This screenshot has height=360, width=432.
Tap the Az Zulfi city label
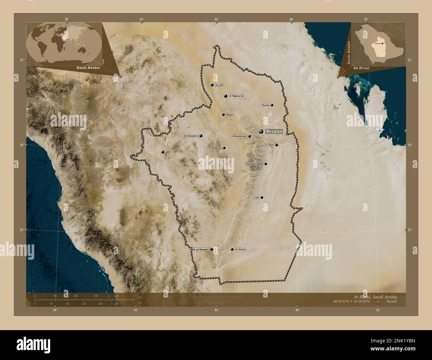(219, 85)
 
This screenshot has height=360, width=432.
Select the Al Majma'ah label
(236, 96)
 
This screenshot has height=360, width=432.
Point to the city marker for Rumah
(272, 105)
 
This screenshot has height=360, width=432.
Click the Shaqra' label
(230, 115)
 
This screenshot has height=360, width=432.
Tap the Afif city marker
(163, 152)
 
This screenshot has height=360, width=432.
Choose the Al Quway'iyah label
(214, 148)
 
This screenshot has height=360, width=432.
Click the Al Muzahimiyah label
(239, 136)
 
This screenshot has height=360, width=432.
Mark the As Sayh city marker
(276, 145)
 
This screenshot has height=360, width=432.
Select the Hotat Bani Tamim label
(255, 164)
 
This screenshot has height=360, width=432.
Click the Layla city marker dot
(262, 198)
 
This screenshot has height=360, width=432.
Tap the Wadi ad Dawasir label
(199, 249)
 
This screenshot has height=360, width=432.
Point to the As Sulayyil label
(240, 249)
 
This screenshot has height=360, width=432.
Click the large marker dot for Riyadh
(261, 132)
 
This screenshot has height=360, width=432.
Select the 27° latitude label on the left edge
(22, 60)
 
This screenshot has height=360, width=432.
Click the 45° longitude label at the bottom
(216, 310)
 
